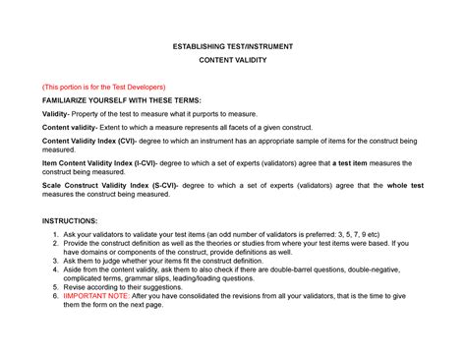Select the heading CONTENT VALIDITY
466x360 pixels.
coord(232,60)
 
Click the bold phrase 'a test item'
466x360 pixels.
coord(351,161)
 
